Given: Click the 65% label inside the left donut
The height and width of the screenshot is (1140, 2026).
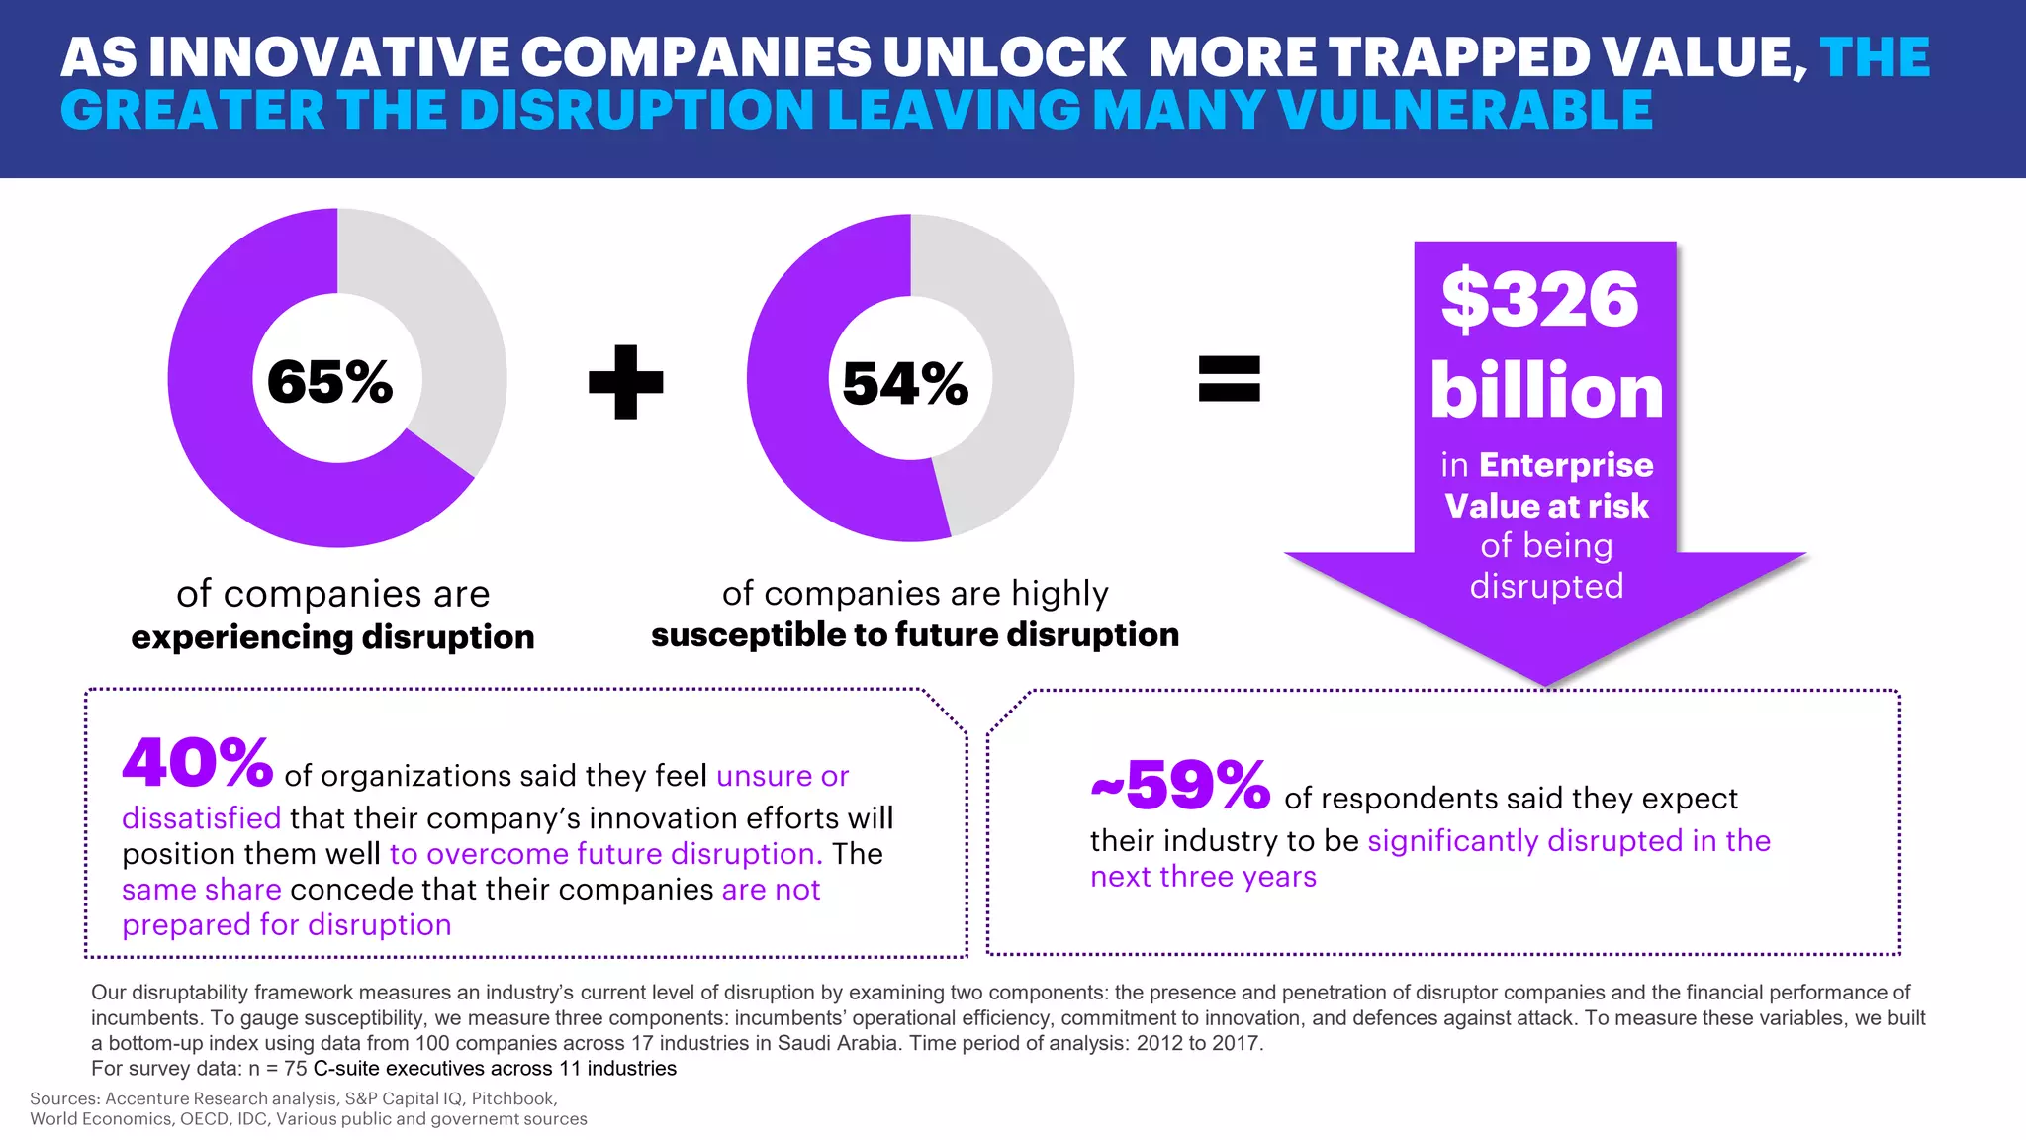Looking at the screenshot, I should [329, 382].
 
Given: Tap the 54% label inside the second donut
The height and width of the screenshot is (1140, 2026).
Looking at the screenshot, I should [905, 384].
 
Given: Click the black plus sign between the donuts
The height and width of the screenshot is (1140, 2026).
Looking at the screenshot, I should [625, 382].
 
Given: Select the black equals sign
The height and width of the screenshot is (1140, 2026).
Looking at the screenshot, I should [1229, 379].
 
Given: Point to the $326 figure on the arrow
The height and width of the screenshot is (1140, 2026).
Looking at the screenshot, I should [1540, 300].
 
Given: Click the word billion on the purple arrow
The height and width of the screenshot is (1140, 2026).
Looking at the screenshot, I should [1546, 392].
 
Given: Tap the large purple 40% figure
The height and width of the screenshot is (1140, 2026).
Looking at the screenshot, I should [198, 764].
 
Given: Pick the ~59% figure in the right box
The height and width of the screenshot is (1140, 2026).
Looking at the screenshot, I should [1180, 787].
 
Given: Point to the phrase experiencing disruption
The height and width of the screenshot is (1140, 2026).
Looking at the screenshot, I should [332, 637].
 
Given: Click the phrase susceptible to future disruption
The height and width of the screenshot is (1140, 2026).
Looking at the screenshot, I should [915, 635].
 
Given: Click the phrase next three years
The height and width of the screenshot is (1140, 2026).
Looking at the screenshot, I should [1203, 877].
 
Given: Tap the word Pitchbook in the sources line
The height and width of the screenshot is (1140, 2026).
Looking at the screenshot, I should [512, 1098].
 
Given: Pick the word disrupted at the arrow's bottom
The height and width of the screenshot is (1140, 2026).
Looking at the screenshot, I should [1546, 587].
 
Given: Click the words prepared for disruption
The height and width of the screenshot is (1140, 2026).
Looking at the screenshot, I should [286, 925].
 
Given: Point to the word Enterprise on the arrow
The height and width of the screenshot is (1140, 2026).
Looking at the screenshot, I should [1566, 465].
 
